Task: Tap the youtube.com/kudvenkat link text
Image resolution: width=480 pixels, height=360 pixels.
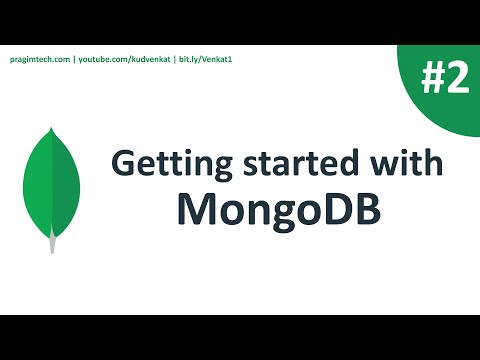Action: coord(120,60)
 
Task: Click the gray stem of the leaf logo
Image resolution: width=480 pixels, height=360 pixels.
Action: coord(53,242)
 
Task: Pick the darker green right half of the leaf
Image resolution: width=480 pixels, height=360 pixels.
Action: coord(62,185)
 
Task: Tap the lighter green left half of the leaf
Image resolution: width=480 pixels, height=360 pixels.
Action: coord(40,185)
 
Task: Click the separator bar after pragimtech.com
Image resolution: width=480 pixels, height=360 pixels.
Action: coord(74,60)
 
